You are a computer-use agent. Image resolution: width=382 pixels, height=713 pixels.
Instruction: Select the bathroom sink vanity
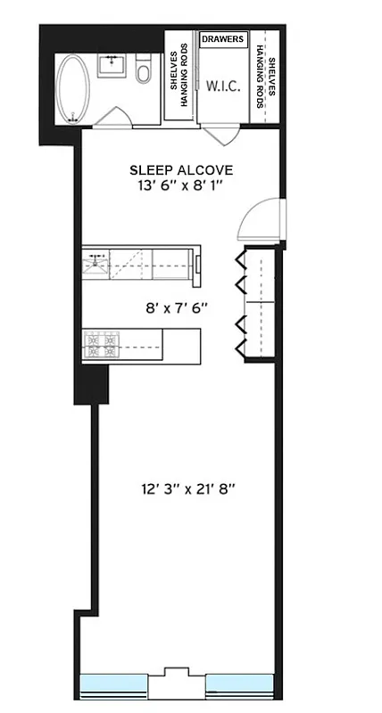coord(112,67)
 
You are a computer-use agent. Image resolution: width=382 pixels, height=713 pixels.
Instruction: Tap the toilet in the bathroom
coord(144,71)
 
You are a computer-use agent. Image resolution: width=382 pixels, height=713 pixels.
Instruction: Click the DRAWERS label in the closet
coord(222,39)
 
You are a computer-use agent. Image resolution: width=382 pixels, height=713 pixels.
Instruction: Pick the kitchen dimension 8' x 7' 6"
coord(177,307)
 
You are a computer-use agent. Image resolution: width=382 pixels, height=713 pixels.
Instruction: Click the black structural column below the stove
coord(91,383)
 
